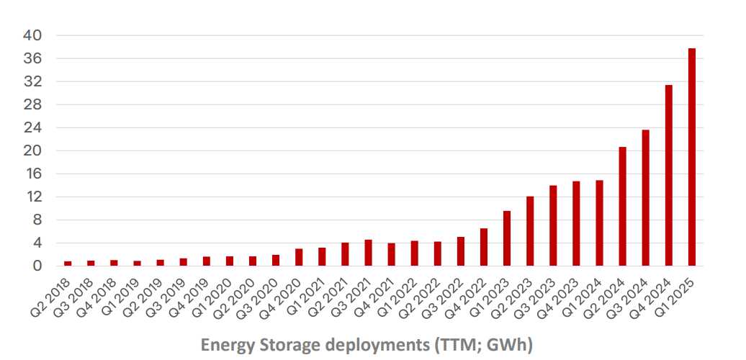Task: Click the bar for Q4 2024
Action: tap(669, 176)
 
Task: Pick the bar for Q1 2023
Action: tap(507, 238)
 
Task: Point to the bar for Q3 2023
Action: tap(553, 226)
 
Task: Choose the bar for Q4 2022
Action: tap(484, 247)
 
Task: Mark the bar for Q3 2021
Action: tap(368, 253)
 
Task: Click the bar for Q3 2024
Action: tap(646, 198)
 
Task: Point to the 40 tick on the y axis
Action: tap(33, 35)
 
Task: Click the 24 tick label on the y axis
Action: tap(33, 127)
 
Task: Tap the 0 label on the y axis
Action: tap(38, 266)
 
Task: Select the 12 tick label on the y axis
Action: tap(33, 197)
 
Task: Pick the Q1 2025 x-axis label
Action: tap(678, 294)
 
